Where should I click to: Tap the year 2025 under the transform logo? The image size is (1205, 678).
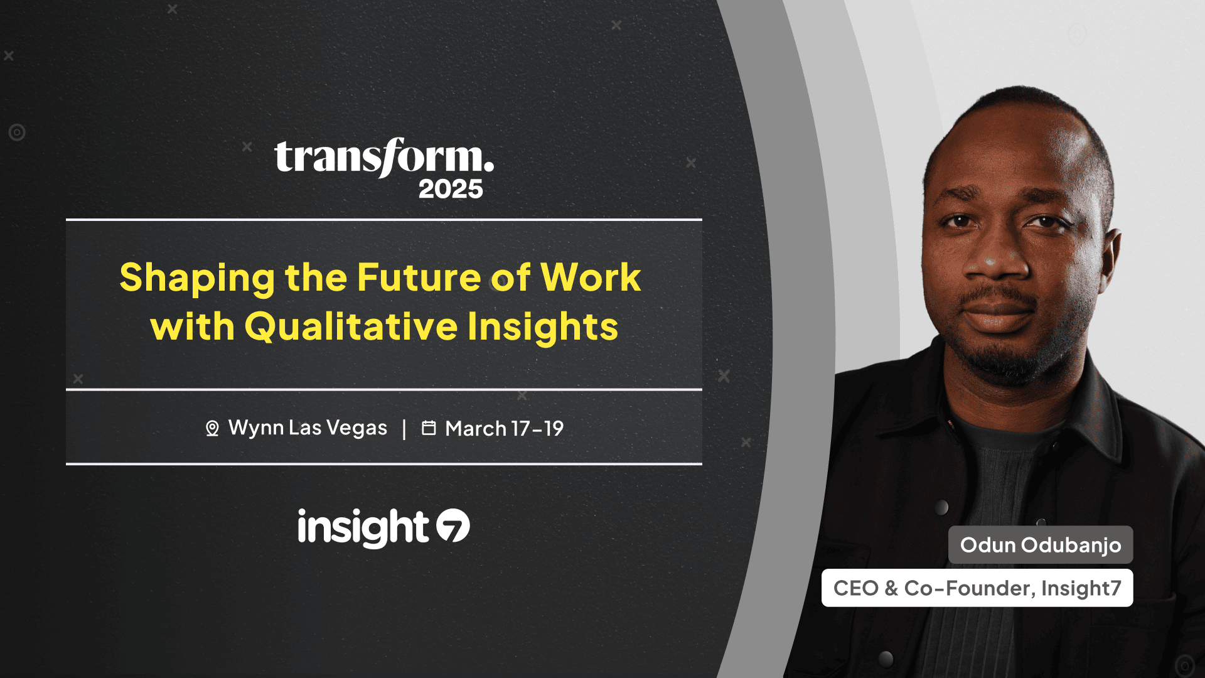click(x=451, y=189)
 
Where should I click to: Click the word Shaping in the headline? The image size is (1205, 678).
click(x=197, y=278)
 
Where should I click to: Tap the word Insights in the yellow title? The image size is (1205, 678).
click(x=542, y=327)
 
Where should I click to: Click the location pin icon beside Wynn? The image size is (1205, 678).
click(x=212, y=428)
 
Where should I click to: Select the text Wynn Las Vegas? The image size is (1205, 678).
click(x=308, y=428)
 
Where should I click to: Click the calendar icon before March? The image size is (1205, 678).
click(x=429, y=428)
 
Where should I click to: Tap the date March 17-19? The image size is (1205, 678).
click(x=504, y=429)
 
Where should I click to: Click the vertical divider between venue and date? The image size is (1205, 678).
click(x=404, y=429)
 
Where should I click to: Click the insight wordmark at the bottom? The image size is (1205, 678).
click(x=363, y=527)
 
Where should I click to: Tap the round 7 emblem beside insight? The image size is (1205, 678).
click(x=453, y=525)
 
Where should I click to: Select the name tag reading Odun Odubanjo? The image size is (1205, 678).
click(x=1040, y=545)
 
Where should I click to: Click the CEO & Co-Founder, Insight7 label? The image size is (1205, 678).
click(x=977, y=588)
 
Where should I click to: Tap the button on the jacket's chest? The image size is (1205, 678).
click(x=941, y=507)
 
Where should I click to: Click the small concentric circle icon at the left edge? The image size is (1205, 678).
click(x=17, y=132)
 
